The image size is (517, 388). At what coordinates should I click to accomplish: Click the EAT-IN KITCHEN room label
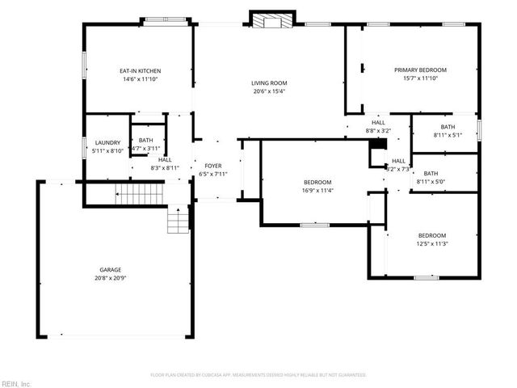coord(136,70)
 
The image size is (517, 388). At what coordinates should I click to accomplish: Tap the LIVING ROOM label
coord(269,82)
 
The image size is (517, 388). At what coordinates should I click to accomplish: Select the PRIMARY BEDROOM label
coord(420,70)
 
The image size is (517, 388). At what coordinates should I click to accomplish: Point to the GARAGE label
coord(111,269)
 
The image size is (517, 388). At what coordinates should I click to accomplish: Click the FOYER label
coord(213,165)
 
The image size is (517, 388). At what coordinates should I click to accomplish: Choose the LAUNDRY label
coord(107,142)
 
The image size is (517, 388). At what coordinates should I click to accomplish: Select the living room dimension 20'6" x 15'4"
coord(269,91)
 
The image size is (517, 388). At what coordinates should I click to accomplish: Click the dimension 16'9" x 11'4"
coord(317,190)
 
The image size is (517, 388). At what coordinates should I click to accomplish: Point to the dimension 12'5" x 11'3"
coord(432,243)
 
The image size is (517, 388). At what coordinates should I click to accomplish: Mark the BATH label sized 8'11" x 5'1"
coord(448,127)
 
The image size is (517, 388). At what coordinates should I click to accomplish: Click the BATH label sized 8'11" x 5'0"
coord(431,172)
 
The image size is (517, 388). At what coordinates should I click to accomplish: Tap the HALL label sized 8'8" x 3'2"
coord(378,122)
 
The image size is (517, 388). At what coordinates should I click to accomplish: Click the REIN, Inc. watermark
coord(16,383)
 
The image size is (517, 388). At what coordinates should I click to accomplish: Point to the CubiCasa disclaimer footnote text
coord(258,375)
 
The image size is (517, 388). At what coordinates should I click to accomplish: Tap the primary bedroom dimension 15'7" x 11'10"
coord(420,79)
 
